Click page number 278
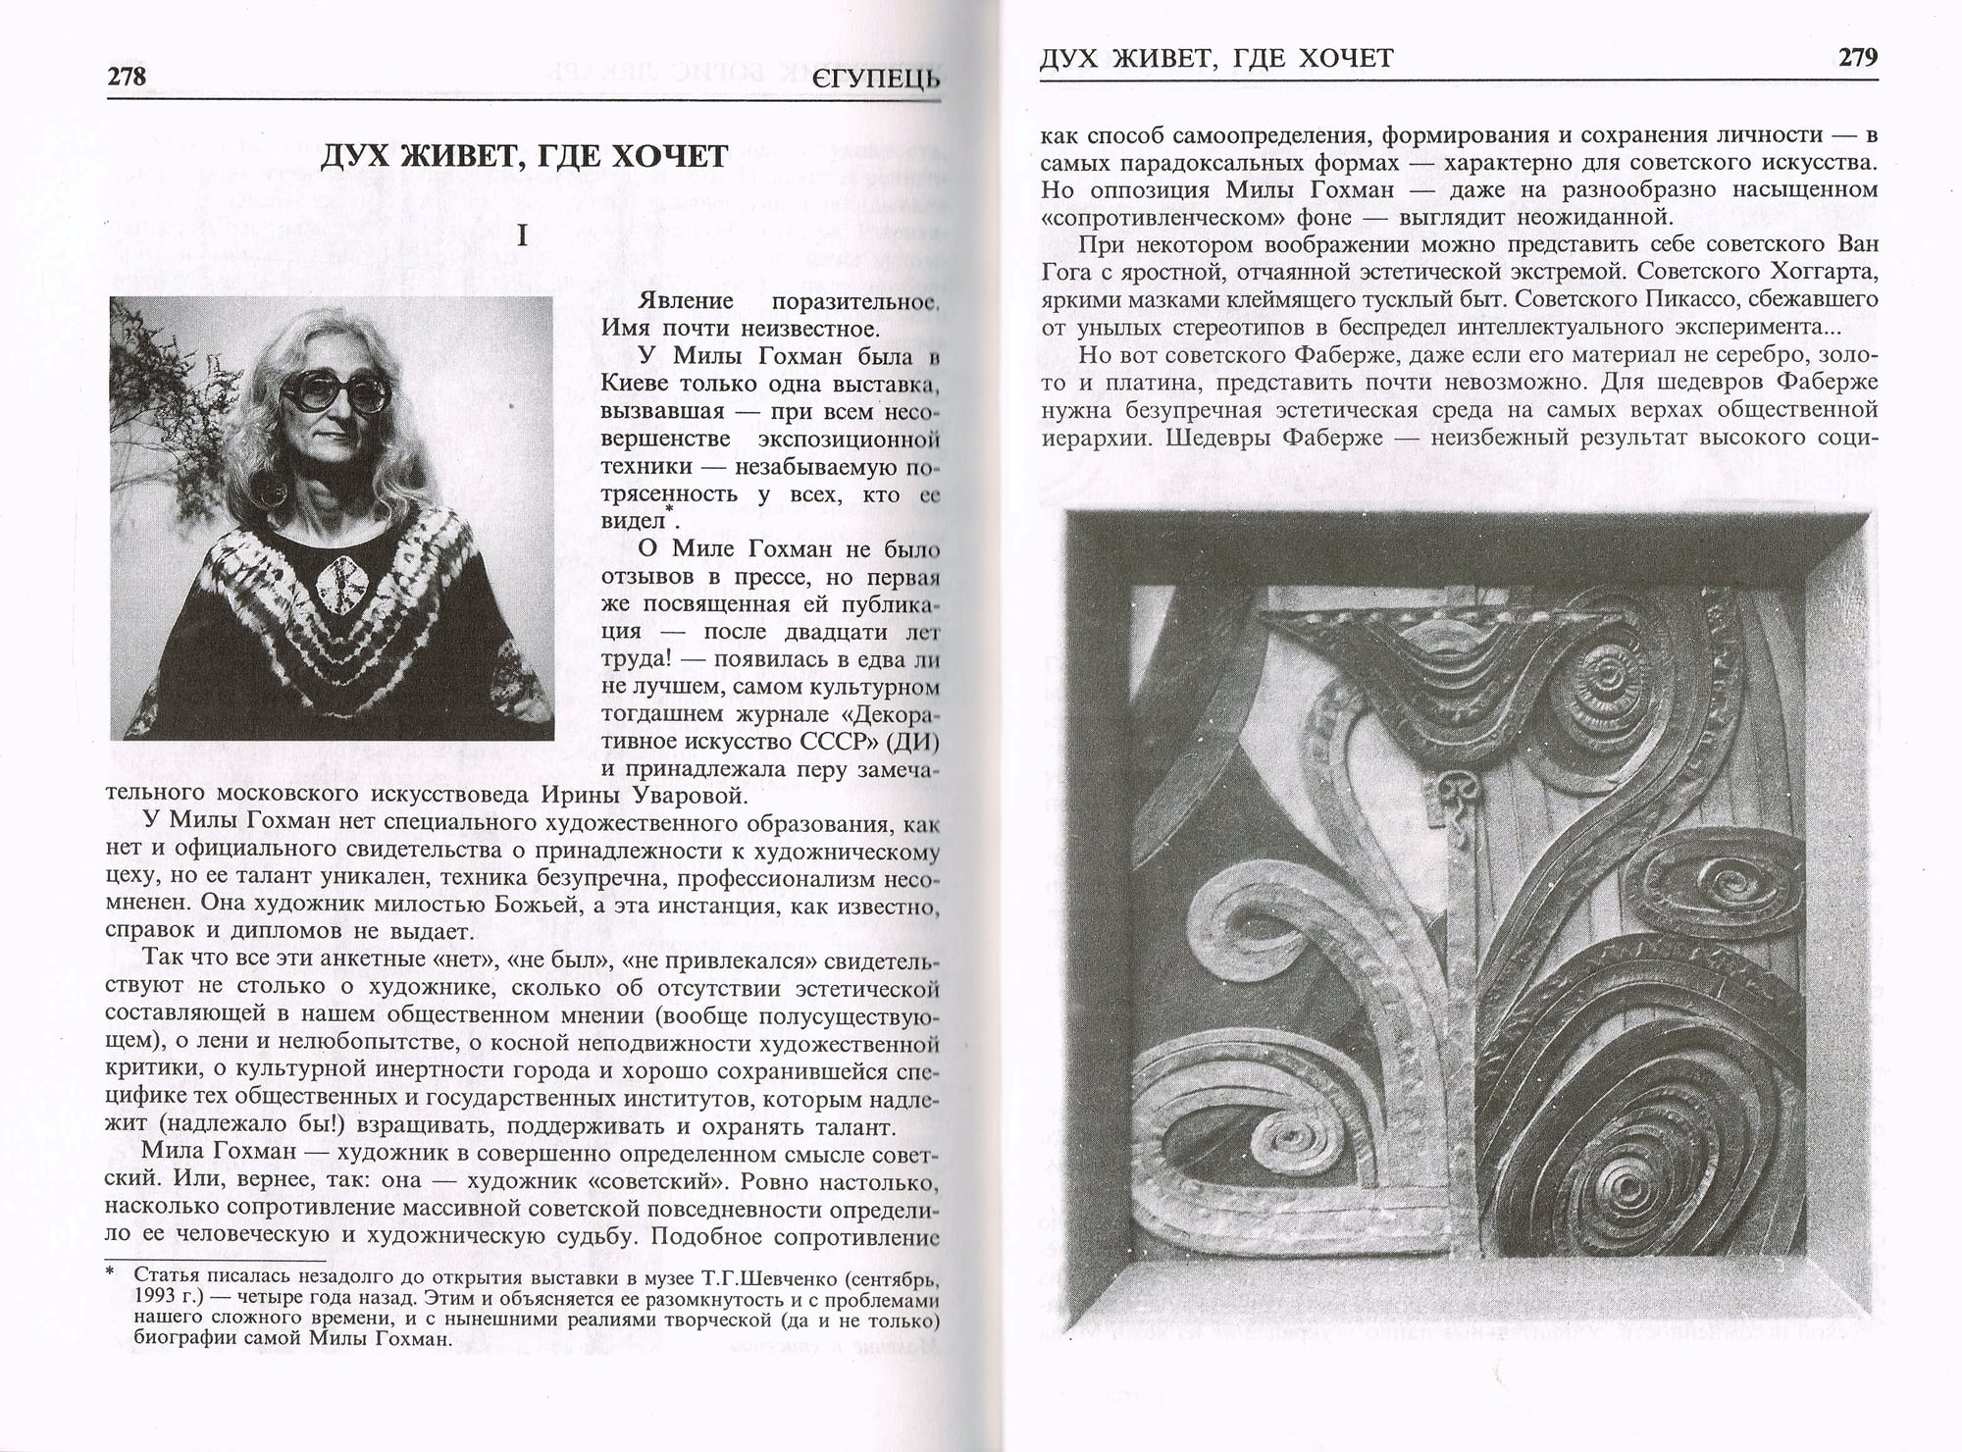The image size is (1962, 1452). point(127,77)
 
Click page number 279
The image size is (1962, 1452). point(1857,58)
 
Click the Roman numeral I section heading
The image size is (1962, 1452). point(523,237)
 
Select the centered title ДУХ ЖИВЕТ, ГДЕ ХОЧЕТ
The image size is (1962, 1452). point(523,157)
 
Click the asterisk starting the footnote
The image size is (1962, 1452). point(113,1275)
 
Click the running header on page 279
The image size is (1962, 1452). point(1215,59)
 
